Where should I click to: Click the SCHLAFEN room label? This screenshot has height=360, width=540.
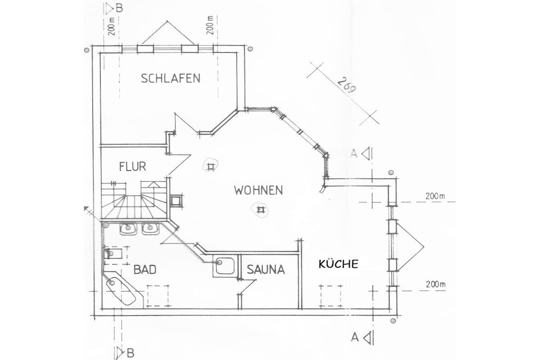[x=170, y=79]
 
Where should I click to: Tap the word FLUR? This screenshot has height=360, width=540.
[x=132, y=167]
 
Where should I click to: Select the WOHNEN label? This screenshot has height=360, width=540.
[x=258, y=190]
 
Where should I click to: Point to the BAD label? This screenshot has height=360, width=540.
[x=144, y=269]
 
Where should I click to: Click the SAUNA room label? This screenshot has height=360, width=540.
[x=266, y=269]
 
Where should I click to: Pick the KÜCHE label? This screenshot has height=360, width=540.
[x=338, y=264]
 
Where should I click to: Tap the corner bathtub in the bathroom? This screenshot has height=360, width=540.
[x=122, y=288]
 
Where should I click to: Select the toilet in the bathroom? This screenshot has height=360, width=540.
[x=113, y=254]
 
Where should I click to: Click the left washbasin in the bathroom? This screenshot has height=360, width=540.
[x=129, y=228]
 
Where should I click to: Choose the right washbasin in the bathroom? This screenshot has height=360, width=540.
[x=150, y=228]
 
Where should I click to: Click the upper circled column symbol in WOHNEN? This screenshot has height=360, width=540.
[x=210, y=167]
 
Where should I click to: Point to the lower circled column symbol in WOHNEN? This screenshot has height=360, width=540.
[x=261, y=209]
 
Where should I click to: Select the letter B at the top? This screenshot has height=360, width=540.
[x=119, y=7]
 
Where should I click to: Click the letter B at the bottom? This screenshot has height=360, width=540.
[x=130, y=353]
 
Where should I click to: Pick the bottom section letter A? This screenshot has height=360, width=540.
[x=354, y=337]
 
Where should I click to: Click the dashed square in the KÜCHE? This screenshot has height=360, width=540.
[x=331, y=296]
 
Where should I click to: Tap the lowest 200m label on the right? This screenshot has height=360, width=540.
[x=435, y=285]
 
